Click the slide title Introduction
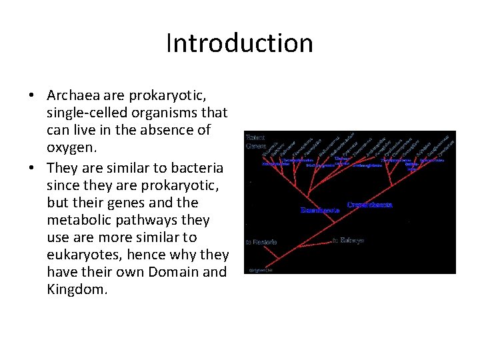pyautogui.click(x=239, y=43)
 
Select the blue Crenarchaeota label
pyautogui.click(x=369, y=205)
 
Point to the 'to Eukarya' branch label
pyautogui.click(x=348, y=240)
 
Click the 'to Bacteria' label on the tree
pyautogui.click(x=261, y=242)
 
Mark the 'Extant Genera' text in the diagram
pyautogui.click(x=257, y=141)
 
